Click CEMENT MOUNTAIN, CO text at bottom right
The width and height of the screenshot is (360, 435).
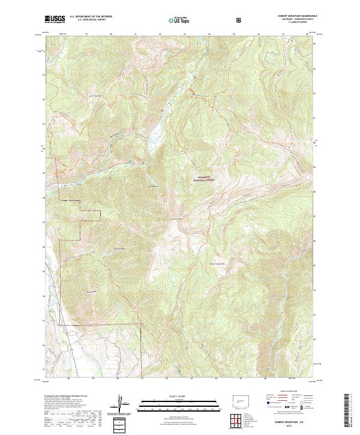tap(289, 422)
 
